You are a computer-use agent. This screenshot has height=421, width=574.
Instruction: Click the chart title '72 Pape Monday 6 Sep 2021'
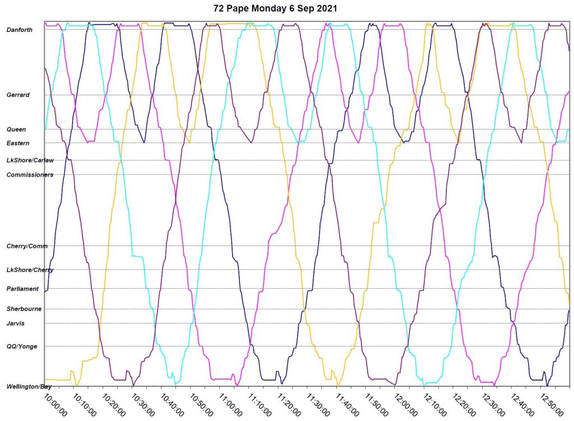[276, 8]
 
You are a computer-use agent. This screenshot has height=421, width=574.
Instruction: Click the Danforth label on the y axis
[20, 30]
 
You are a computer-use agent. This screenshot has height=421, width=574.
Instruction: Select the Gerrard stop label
[18, 95]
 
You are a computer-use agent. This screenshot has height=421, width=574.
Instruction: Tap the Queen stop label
[16, 129]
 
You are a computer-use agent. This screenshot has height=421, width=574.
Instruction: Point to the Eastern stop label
[18, 144]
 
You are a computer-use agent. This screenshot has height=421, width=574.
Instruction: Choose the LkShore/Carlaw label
[30, 160]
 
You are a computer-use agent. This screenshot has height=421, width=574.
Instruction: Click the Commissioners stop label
[30, 175]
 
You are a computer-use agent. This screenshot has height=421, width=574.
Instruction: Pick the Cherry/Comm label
[27, 246]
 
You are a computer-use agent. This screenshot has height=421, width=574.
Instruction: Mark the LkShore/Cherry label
[30, 270]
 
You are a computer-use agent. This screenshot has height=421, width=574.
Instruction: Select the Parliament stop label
[23, 289]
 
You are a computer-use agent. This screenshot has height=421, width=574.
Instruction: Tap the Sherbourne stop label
[24, 309]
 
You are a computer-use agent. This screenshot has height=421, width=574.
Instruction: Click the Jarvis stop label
[16, 323]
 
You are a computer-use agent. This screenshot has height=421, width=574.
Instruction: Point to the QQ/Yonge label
[22, 346]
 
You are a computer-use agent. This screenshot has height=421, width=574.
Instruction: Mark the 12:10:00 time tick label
[435, 404]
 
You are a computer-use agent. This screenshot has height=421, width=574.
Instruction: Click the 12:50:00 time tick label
[552, 404]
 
